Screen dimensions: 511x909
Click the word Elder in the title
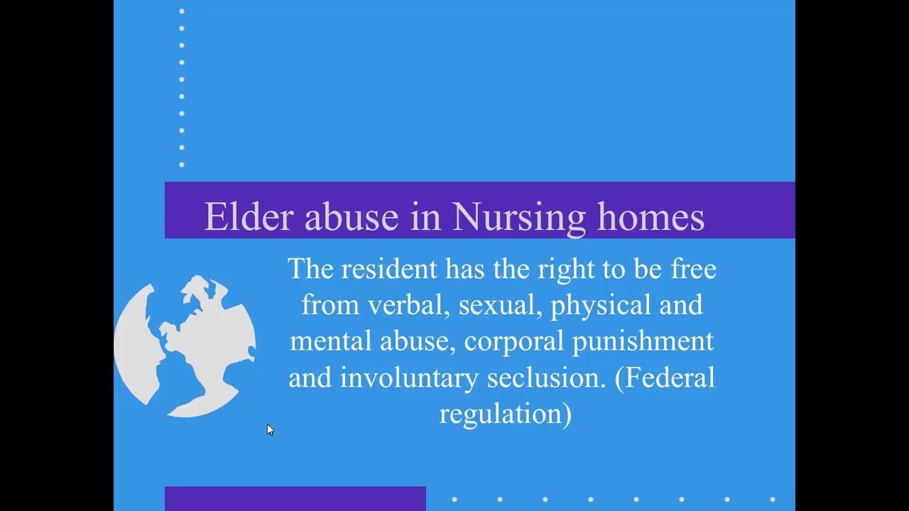(x=248, y=216)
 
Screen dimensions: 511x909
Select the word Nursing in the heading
(x=518, y=217)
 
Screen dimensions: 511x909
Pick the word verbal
(x=410, y=305)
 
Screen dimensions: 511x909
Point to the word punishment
(x=643, y=341)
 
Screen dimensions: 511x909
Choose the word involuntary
(x=408, y=378)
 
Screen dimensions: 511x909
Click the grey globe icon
(x=185, y=346)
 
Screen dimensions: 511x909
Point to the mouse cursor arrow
(x=269, y=429)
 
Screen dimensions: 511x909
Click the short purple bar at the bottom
(x=295, y=498)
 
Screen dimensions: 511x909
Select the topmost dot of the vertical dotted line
(x=182, y=11)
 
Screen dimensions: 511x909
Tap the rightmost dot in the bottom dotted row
(x=772, y=500)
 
